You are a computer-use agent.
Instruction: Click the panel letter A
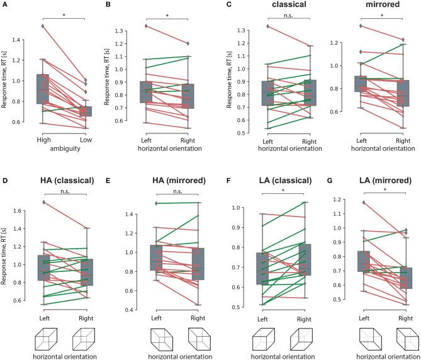(4, 5)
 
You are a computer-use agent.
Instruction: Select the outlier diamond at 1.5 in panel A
(43, 26)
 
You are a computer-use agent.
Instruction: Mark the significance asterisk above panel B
(167, 16)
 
